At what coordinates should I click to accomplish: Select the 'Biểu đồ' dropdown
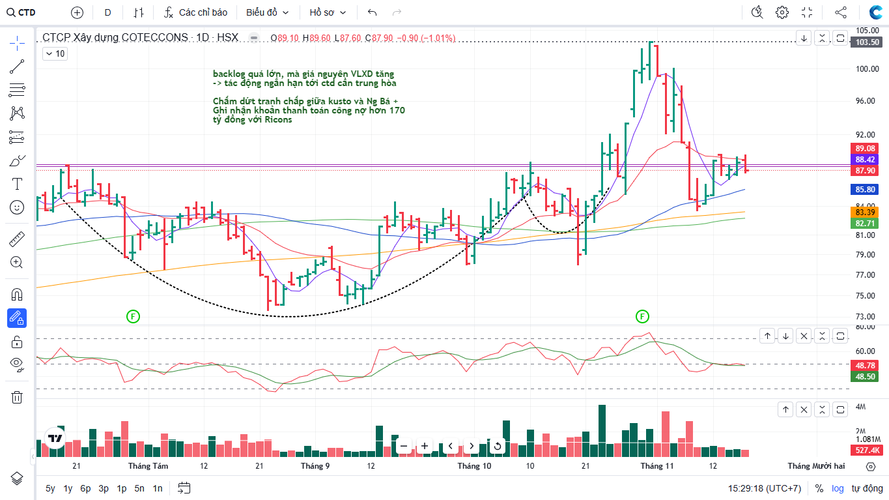(x=267, y=12)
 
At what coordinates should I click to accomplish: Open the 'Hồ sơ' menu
(x=328, y=12)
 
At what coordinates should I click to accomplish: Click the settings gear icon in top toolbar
(x=782, y=12)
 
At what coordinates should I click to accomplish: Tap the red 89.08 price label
(x=865, y=149)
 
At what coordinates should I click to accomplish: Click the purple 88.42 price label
(x=865, y=160)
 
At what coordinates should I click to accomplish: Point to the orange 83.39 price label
(x=865, y=212)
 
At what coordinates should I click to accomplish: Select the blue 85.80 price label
(x=865, y=190)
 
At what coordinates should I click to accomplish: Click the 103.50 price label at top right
(x=868, y=42)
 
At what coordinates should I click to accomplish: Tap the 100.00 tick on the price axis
(x=868, y=69)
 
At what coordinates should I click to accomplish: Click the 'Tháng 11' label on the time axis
(x=656, y=466)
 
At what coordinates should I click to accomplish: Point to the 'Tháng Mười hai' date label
(x=815, y=466)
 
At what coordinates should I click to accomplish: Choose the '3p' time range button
(x=104, y=488)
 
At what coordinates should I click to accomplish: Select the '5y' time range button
(x=50, y=488)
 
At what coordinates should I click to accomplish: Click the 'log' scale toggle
(x=838, y=488)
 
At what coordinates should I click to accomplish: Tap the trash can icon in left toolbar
(x=17, y=397)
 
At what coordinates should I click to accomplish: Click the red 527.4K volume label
(x=867, y=450)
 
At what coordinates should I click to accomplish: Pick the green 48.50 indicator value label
(x=865, y=377)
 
